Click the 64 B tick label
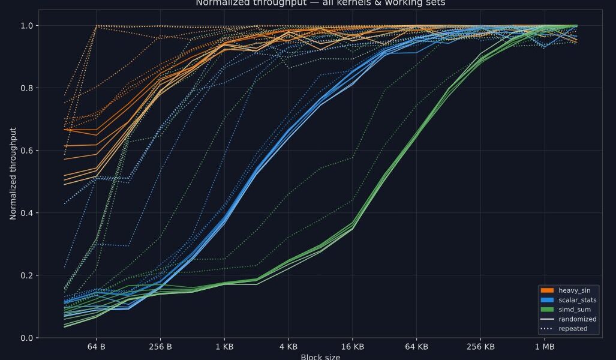point(96,347)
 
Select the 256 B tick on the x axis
point(160,347)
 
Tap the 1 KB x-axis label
point(224,347)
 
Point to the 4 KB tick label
point(289,347)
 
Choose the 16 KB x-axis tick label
point(352,347)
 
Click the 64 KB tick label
point(416,347)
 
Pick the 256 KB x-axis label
point(480,347)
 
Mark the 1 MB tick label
point(545,347)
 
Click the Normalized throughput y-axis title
point(13,181)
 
